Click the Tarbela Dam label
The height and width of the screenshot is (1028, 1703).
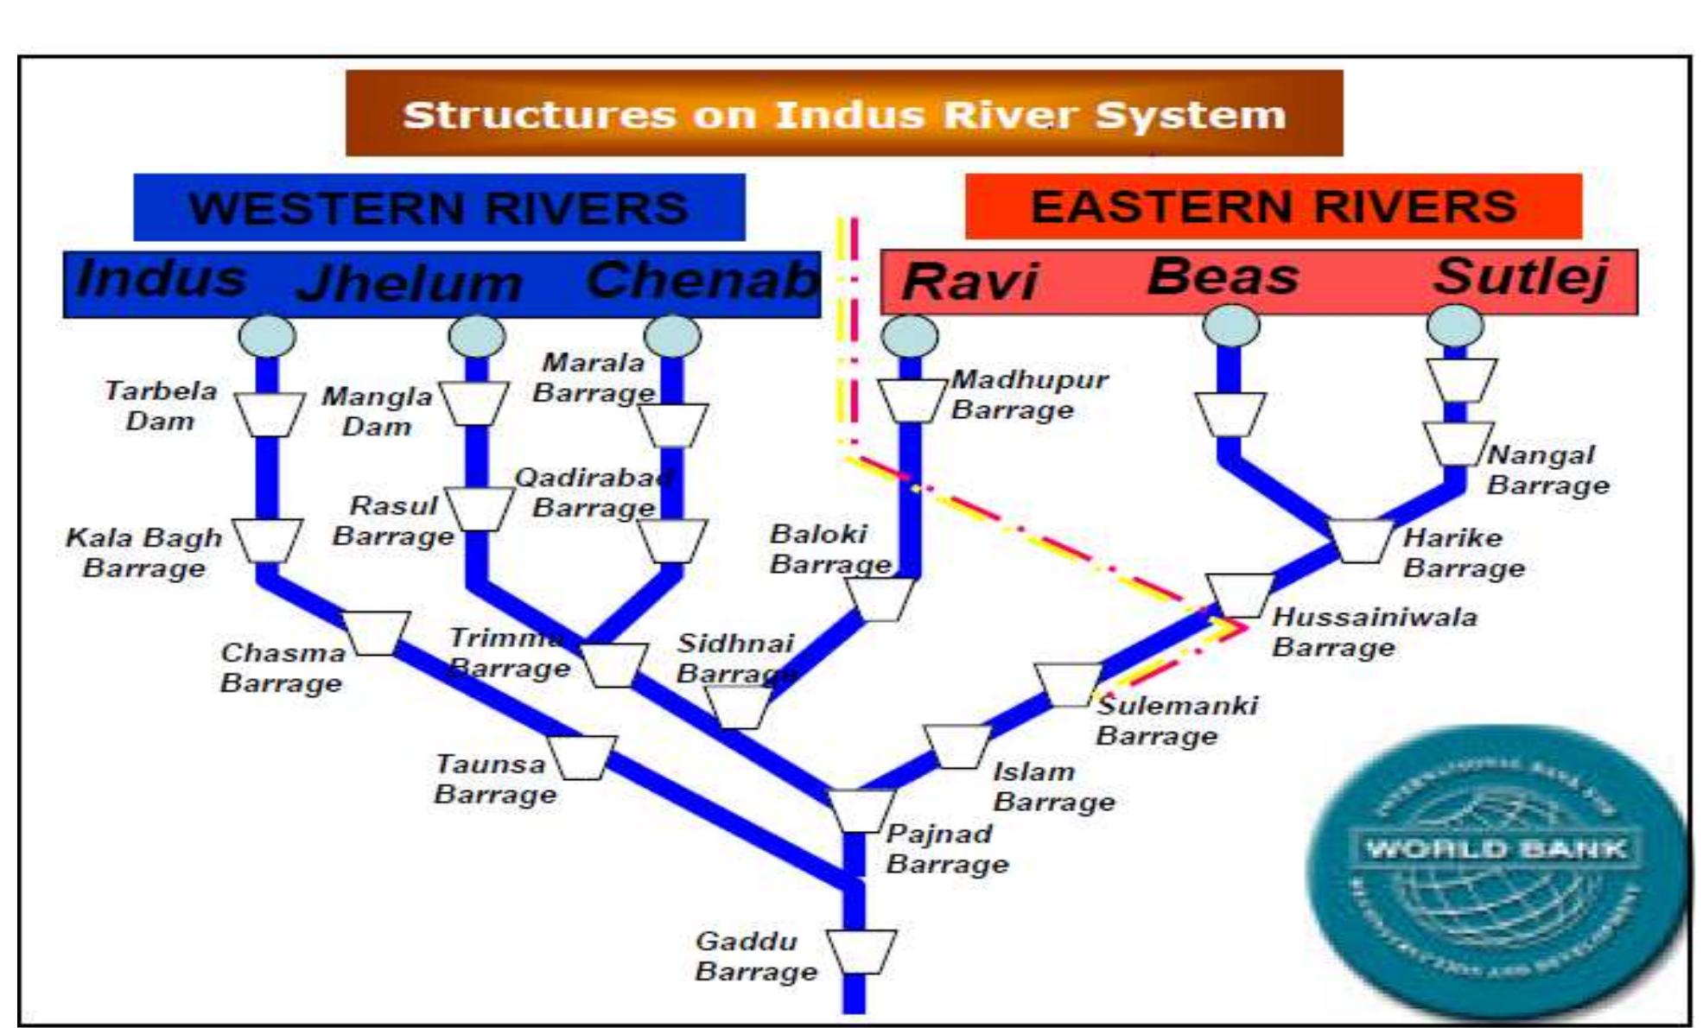pyautogui.click(x=161, y=406)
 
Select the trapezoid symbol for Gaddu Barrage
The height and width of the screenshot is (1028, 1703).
pyautogui.click(x=861, y=951)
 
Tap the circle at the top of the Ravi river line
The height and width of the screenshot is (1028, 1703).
pyautogui.click(x=910, y=335)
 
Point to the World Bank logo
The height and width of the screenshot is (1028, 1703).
pyautogui.click(x=1496, y=873)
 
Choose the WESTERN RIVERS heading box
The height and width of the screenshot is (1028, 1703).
pyautogui.click(x=439, y=208)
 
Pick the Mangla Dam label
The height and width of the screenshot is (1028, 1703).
pyautogui.click(x=377, y=411)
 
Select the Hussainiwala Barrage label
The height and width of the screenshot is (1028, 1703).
pyautogui.click(x=1374, y=632)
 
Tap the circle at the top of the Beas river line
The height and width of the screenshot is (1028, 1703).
pyautogui.click(x=1231, y=326)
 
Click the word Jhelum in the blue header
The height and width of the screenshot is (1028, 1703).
pyautogui.click(x=409, y=283)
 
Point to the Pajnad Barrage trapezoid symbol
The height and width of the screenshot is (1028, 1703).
pyautogui.click(x=861, y=810)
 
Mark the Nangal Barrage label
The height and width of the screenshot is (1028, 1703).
pyautogui.click(x=1547, y=470)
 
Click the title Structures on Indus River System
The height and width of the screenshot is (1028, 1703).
pyautogui.click(x=844, y=114)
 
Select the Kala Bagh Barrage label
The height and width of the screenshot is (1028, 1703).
pyautogui.click(x=143, y=553)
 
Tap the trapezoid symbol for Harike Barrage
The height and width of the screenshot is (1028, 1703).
pyautogui.click(x=1361, y=541)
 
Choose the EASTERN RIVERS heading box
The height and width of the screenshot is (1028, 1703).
pyautogui.click(x=1273, y=206)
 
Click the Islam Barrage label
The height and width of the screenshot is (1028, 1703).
pyautogui.click(x=1052, y=786)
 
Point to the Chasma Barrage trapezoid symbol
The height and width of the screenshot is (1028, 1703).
pyautogui.click(x=375, y=632)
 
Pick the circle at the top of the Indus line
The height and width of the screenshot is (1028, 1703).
pyautogui.click(x=267, y=336)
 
